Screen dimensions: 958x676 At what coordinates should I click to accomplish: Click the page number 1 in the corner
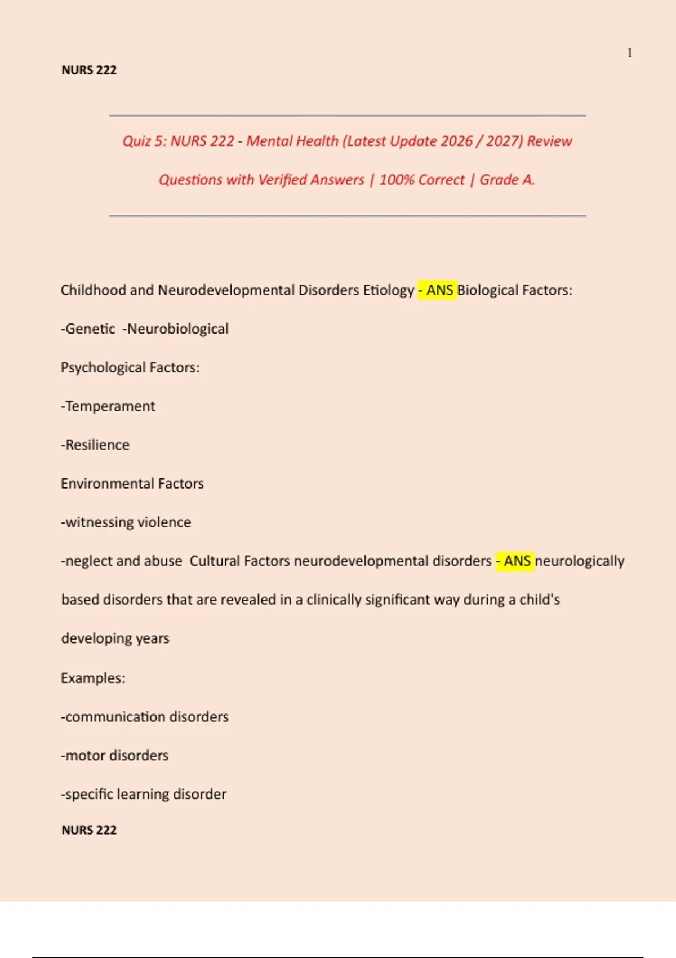[630, 53]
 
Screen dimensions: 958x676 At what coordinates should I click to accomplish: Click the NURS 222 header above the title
[89, 70]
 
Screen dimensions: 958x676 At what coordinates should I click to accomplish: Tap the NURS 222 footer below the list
[89, 830]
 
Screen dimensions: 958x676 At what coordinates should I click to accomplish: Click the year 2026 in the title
[457, 141]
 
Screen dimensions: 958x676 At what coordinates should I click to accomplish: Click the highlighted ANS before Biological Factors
[439, 290]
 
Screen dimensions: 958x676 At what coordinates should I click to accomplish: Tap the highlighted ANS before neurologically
[517, 561]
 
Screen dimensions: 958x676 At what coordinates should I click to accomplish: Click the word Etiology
[389, 290]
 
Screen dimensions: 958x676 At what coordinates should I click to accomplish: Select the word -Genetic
[88, 329]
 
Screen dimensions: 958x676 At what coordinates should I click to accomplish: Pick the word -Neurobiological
[176, 329]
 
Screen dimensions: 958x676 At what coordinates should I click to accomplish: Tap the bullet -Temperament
[108, 406]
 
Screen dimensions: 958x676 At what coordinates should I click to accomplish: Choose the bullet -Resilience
[95, 445]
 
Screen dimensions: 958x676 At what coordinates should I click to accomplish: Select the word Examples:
[93, 678]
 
